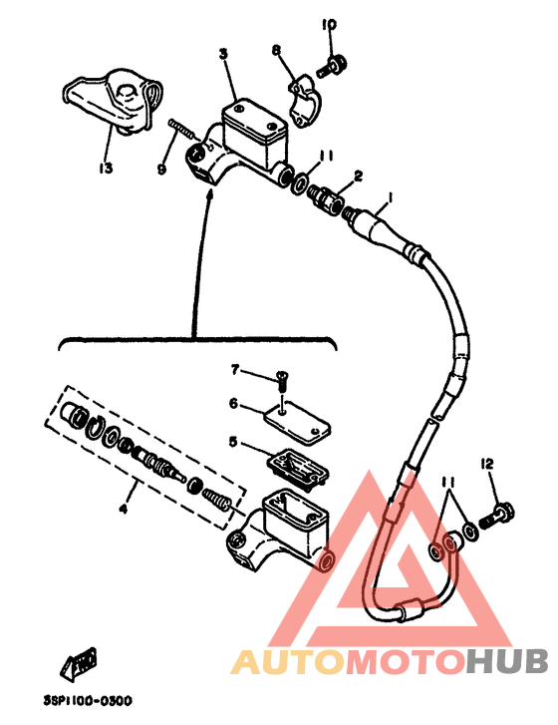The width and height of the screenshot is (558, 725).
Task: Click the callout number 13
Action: click(106, 168)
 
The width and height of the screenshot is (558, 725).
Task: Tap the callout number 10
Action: click(330, 24)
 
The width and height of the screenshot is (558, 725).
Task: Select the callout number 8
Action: click(277, 50)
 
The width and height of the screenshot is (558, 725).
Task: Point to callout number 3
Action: click(224, 54)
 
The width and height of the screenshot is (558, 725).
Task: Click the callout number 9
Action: click(161, 170)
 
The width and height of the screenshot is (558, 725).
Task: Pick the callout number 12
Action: click(487, 464)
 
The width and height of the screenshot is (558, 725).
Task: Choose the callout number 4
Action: click(123, 509)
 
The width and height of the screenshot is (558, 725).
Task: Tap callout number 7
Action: click(235, 370)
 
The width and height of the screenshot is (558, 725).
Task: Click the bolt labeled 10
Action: click(333, 67)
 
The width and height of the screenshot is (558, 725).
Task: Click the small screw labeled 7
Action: click(281, 381)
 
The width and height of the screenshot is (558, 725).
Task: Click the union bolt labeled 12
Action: click(499, 517)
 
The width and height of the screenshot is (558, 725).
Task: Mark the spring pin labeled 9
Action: click(182, 128)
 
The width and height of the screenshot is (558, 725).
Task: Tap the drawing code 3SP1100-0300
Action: click(88, 700)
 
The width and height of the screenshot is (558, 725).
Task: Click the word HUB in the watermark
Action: click(506, 661)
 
